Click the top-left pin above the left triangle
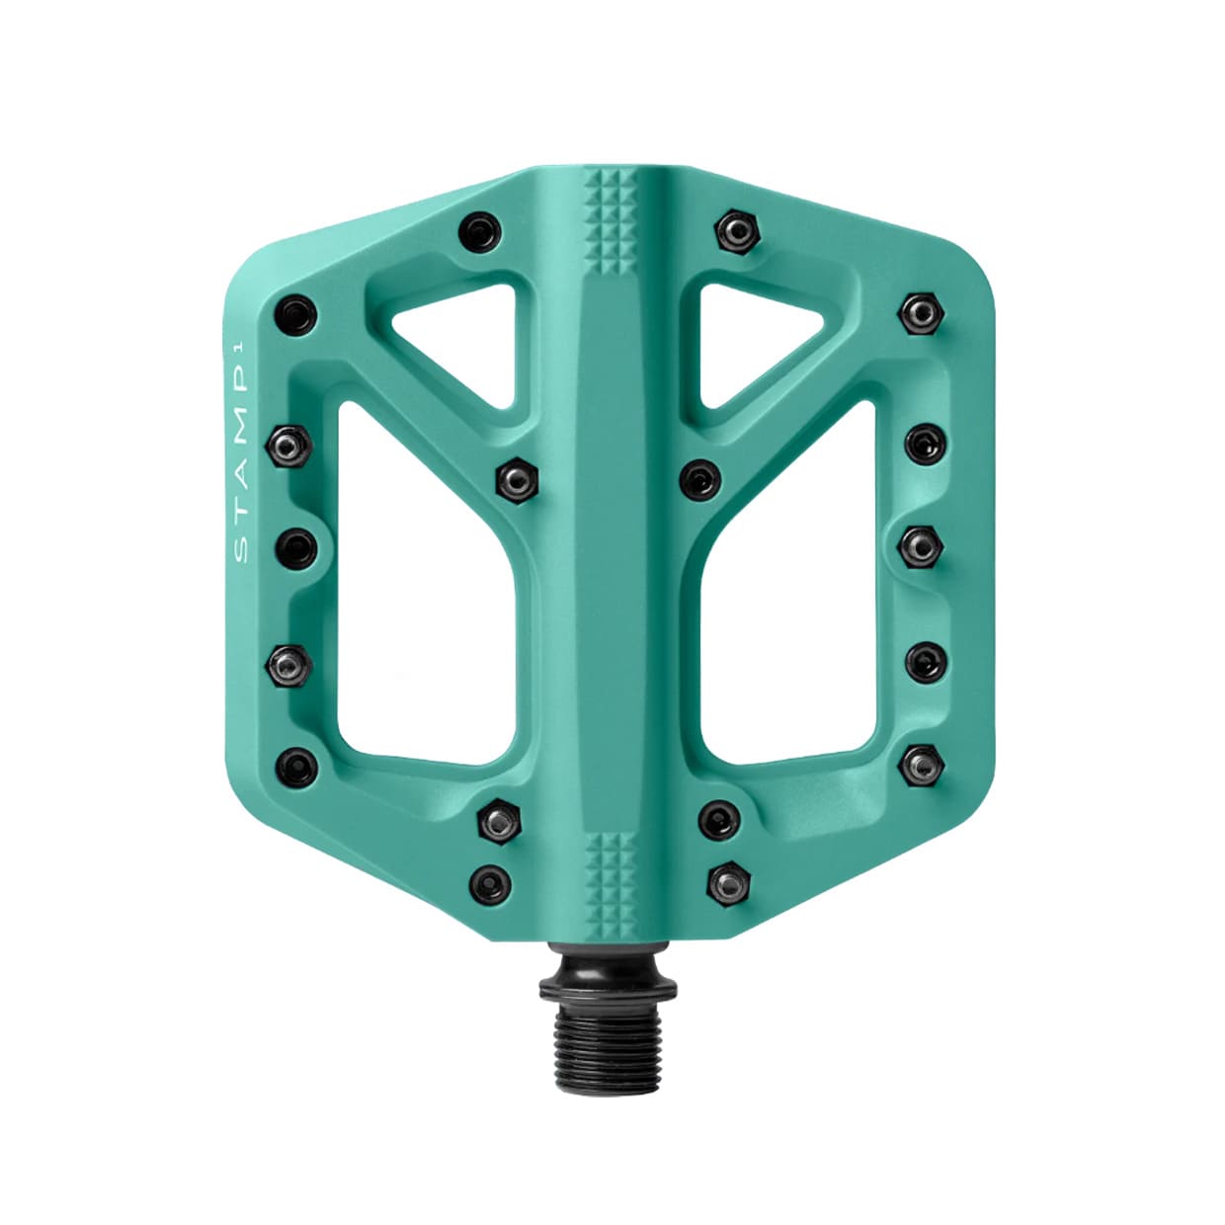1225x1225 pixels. pyautogui.click(x=480, y=233)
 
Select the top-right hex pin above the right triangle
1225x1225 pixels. pyautogui.click(x=737, y=231)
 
